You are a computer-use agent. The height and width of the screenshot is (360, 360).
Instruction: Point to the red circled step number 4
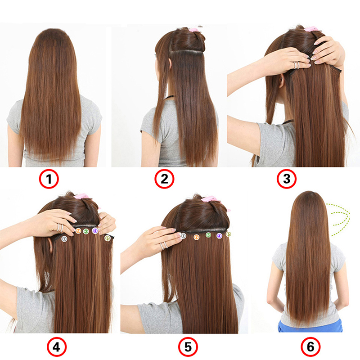pyautogui.click(x=57, y=346)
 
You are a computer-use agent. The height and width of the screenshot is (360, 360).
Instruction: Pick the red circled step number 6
pyautogui.click(x=310, y=346)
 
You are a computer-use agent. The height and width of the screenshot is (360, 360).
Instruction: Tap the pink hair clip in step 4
pyautogui.click(x=82, y=197)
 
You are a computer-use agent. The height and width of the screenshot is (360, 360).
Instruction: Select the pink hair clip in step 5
pyautogui.click(x=208, y=198)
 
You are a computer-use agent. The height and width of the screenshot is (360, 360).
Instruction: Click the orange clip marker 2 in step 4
pyautogui.click(x=78, y=231)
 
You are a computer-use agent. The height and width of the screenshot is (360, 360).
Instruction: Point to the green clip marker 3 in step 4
pyautogui.click(x=85, y=231)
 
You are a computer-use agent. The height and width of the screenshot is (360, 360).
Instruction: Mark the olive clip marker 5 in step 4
pyautogui.click(x=107, y=238)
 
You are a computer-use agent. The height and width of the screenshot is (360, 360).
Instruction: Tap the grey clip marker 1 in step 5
pyautogui.click(x=184, y=235)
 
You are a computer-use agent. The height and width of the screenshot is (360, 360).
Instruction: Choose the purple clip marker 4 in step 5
pyautogui.click(x=219, y=235)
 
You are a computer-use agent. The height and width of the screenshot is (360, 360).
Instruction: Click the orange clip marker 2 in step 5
pyautogui.click(x=196, y=235)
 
